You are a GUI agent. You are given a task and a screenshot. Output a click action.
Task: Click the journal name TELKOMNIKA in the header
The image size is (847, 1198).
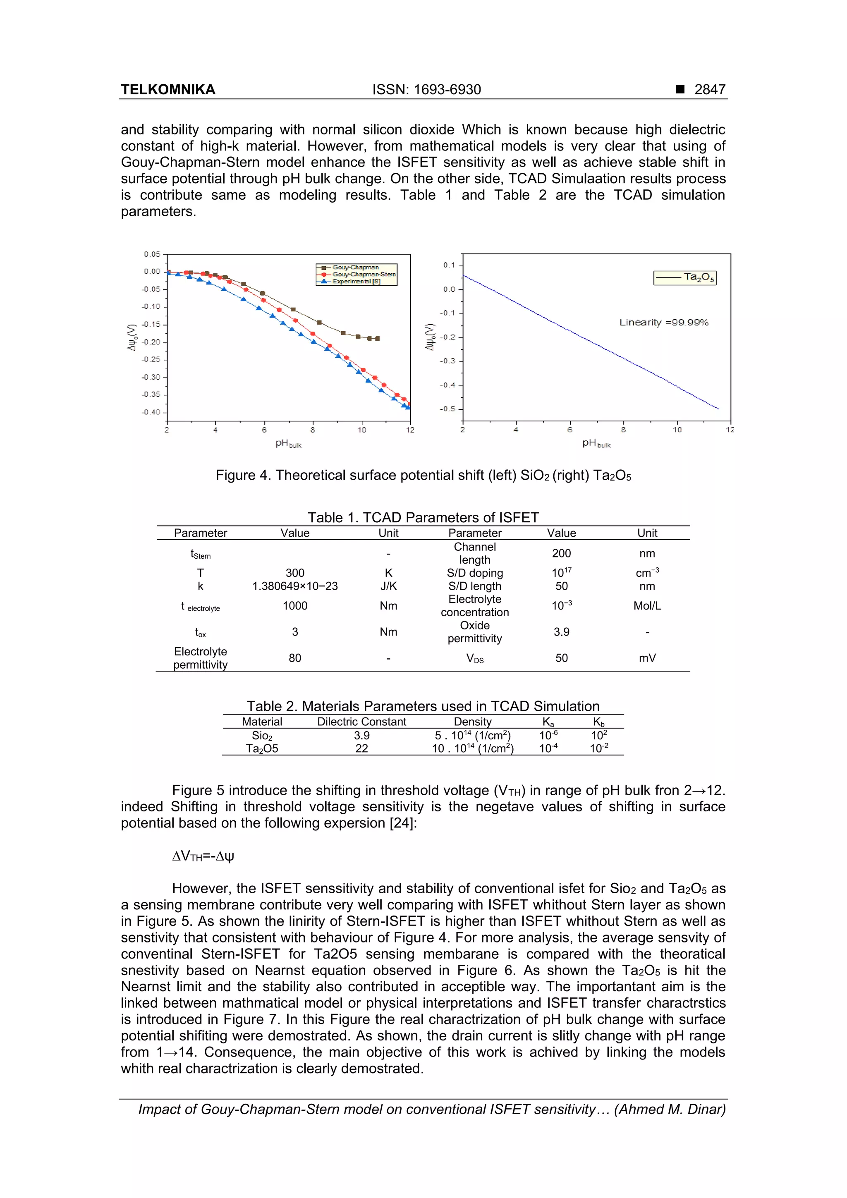[x=168, y=89]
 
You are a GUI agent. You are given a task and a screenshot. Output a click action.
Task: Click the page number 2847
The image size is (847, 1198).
[x=709, y=89]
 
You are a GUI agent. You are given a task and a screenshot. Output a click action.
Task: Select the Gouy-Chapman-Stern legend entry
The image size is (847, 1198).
[x=364, y=274]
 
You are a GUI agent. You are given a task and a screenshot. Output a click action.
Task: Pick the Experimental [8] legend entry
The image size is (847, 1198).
[x=357, y=281]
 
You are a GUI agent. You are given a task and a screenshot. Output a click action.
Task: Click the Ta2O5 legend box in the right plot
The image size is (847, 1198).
[x=685, y=277]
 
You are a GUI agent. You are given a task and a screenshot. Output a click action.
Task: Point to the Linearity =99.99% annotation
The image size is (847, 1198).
[x=663, y=323]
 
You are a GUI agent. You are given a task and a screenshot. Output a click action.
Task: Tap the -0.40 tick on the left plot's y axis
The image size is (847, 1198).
[x=151, y=412]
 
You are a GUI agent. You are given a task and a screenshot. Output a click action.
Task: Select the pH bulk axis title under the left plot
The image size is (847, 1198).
[x=288, y=443]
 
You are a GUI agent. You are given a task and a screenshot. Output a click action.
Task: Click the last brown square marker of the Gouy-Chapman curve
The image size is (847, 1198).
[x=377, y=339]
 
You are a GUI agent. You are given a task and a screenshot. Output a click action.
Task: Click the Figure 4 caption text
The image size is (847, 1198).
[x=423, y=475]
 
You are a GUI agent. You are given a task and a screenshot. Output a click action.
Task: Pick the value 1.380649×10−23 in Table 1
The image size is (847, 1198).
[x=295, y=586]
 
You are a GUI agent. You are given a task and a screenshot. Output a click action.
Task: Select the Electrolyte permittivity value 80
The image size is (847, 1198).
[x=295, y=658]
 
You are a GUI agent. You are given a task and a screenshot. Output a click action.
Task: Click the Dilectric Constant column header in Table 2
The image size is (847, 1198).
[x=361, y=722]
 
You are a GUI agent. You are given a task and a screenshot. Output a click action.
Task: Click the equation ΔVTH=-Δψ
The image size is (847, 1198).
[x=203, y=856]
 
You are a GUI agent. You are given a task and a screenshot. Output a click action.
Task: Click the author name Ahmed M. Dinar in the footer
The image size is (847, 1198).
[x=670, y=1109]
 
